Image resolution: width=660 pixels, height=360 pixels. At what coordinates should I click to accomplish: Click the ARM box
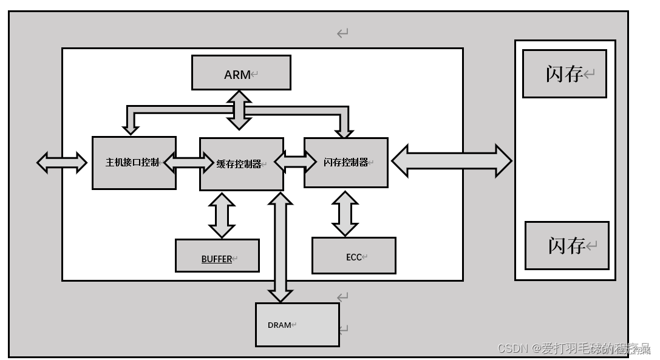click(x=241, y=72)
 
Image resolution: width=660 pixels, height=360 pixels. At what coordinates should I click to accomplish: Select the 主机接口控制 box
click(x=134, y=163)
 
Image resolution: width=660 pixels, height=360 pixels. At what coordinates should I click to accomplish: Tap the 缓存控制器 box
click(x=241, y=164)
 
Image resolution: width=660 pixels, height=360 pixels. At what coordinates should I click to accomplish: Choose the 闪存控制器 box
click(x=345, y=162)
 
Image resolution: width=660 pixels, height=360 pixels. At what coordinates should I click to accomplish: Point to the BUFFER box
click(x=217, y=256)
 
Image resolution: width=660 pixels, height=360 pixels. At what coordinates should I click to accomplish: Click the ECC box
click(x=353, y=256)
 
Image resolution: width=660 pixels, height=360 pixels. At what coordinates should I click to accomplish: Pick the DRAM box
click(x=296, y=325)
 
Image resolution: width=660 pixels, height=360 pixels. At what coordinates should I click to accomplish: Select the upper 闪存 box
click(x=564, y=73)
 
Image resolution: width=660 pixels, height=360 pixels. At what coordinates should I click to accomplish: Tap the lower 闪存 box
click(x=566, y=245)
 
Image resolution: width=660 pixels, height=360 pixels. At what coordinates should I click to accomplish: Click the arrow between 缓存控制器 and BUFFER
click(x=222, y=215)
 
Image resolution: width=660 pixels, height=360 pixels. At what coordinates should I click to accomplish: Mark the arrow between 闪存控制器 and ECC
click(x=345, y=213)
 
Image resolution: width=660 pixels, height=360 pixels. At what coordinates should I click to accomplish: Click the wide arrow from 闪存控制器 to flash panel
click(x=451, y=161)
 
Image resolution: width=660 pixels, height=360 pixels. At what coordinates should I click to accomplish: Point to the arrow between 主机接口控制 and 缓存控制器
click(x=188, y=162)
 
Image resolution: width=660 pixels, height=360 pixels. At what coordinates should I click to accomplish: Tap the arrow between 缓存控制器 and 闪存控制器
click(x=294, y=161)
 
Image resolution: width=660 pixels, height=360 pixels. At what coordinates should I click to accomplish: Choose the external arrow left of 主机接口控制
click(x=62, y=162)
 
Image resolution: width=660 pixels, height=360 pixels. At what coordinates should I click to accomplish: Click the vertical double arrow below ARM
click(x=240, y=110)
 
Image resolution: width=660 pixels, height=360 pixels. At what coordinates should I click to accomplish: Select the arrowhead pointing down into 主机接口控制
click(x=131, y=127)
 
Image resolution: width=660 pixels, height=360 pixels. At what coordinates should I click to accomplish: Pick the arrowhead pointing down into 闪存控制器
click(x=344, y=129)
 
